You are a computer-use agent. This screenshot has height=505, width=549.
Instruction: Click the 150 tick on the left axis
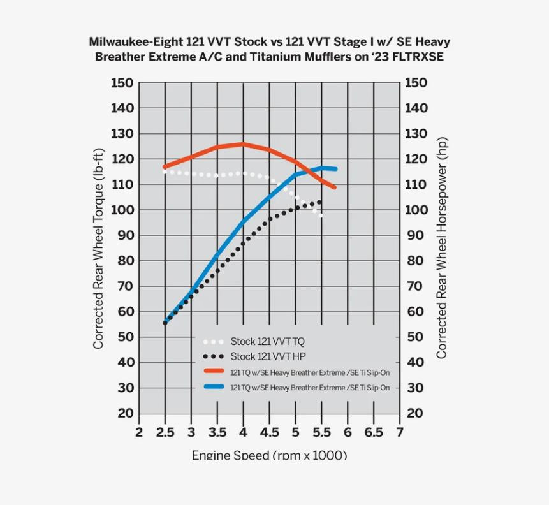point(122,83)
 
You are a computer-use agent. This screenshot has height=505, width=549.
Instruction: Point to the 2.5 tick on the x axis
point(165,433)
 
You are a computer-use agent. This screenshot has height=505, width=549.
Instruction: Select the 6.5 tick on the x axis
point(373,433)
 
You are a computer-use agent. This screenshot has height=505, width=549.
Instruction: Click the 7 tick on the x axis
point(400,433)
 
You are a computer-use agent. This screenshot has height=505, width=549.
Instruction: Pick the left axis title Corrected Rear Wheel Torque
point(98,249)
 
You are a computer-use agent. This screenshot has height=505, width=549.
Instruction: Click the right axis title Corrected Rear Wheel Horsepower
point(441,249)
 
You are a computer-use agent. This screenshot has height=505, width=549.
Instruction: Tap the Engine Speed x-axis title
point(269,455)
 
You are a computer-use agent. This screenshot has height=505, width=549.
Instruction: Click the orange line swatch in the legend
point(213,371)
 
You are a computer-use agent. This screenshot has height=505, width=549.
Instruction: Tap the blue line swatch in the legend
point(213,387)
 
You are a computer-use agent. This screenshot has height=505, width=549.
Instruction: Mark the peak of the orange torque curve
point(242,144)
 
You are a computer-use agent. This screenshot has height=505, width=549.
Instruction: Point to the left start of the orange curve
point(165,167)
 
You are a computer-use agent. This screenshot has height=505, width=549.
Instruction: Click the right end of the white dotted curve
point(321,216)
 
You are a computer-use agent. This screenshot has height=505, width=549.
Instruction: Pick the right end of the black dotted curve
point(319,202)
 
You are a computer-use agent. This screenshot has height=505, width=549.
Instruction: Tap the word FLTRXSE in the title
point(417,56)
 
